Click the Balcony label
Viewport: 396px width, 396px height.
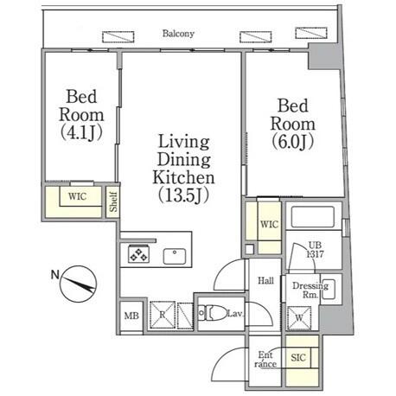point(178,34)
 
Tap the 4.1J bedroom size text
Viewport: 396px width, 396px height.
point(81,133)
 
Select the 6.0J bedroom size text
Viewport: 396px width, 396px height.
point(292,142)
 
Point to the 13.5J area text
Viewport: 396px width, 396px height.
point(183,195)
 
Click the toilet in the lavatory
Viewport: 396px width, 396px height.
point(213,312)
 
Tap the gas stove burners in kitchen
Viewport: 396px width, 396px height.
point(138,253)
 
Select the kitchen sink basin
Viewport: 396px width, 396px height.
point(175,256)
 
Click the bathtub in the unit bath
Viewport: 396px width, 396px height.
point(312,217)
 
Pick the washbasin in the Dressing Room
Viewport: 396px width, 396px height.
point(329,289)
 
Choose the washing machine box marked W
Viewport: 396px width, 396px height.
point(299,318)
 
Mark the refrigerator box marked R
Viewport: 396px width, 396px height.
point(163,315)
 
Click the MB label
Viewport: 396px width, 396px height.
point(131,316)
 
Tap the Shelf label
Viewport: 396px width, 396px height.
point(113,201)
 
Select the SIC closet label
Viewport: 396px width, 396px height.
point(298,358)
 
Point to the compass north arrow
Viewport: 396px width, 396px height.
point(78,284)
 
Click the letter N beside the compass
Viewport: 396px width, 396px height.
point(55,275)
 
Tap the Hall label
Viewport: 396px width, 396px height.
point(265,280)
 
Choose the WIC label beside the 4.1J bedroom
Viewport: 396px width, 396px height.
point(77,196)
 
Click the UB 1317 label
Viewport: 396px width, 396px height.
point(315,250)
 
